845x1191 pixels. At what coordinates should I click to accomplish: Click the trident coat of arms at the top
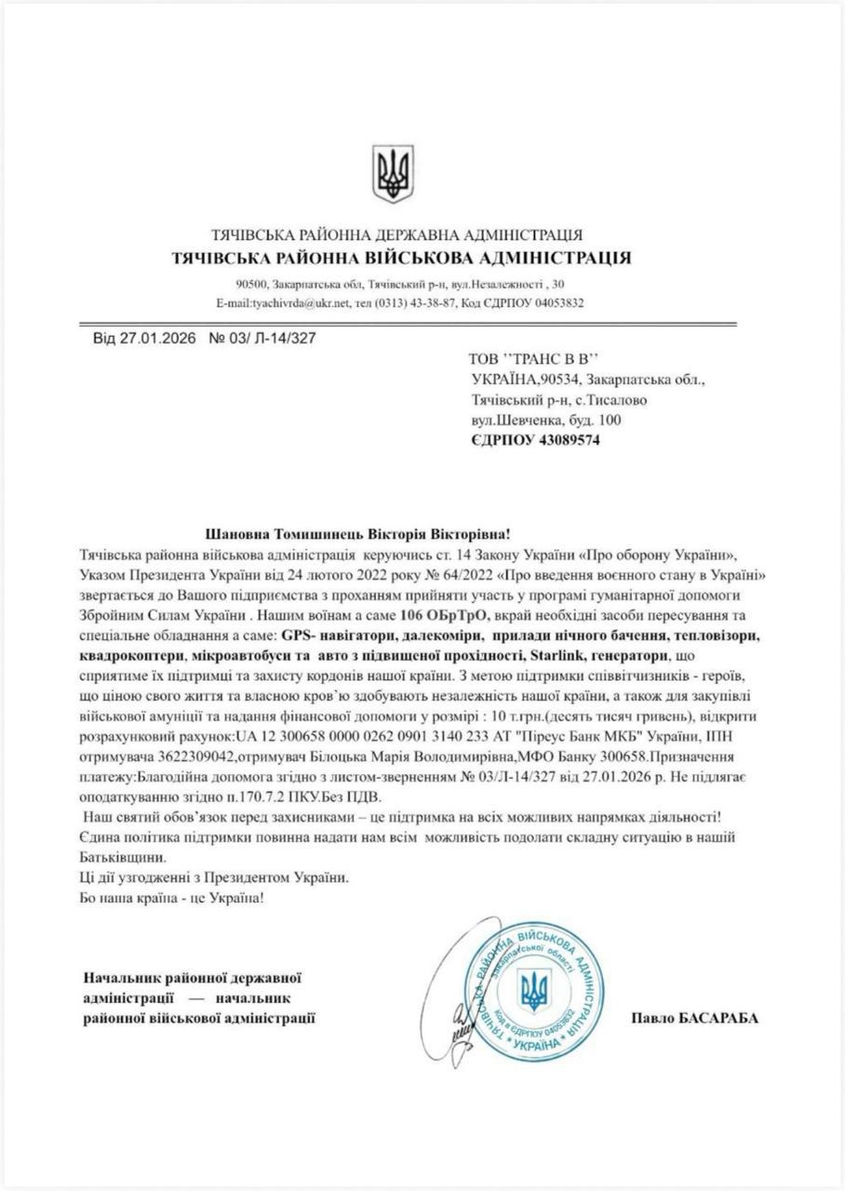coord(393,173)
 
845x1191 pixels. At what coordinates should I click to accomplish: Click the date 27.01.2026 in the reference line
coord(157,339)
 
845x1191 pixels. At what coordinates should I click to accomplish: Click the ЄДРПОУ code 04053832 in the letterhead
coord(555,303)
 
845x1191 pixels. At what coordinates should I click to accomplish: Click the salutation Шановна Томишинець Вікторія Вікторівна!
coord(357,534)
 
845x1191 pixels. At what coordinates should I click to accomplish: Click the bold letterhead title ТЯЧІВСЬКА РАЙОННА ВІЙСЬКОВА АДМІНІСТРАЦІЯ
coord(401,258)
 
